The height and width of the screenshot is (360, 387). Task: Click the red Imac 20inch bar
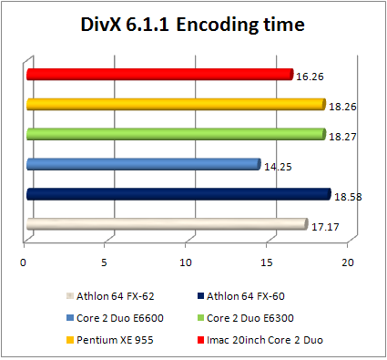159,74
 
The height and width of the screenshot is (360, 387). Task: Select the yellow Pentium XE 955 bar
176,104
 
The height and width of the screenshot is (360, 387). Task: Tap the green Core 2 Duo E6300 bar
176,134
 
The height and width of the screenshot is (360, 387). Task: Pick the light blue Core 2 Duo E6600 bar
143,164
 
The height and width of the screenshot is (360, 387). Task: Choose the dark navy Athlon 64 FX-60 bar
178,194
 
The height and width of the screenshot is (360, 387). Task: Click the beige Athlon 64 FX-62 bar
166,224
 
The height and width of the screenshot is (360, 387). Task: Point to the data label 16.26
310,77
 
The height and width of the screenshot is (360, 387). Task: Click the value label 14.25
277,167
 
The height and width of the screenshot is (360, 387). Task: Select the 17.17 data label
324,227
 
